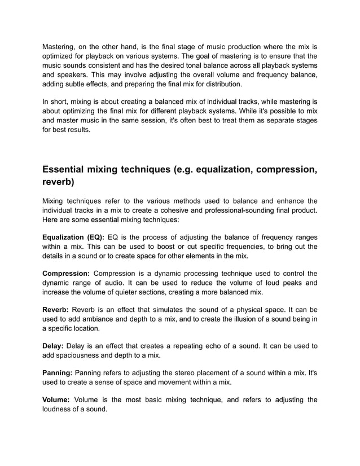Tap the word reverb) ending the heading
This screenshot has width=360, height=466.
point(59,183)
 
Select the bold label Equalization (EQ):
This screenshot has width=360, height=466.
point(74,237)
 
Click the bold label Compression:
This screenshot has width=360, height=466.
point(66,274)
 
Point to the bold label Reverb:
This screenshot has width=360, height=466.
point(56,310)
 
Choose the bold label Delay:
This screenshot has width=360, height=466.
point(54,345)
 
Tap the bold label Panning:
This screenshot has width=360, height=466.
point(58,373)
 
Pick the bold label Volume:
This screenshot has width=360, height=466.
point(56,400)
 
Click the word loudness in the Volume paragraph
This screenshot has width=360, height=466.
point(59,409)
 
